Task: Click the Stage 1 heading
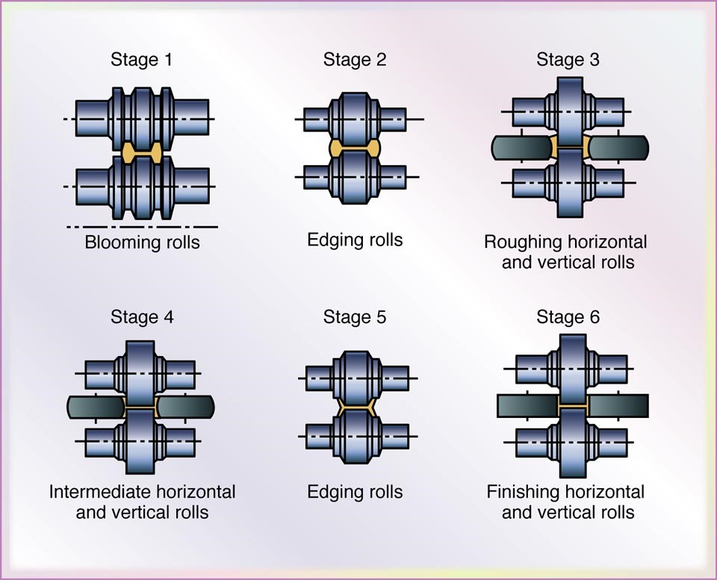tap(142, 60)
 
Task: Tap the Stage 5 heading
tap(355, 317)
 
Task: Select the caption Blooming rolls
tap(142, 243)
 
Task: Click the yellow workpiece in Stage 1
tap(142, 154)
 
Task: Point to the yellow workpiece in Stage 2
tap(355, 148)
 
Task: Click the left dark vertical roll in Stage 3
tap(521, 147)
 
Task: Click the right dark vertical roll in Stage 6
tap(618, 406)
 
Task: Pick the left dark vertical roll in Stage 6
tap(527, 406)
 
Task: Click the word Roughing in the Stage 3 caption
tap(517, 243)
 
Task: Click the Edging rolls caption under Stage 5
tap(355, 492)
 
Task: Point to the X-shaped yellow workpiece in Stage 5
tap(355, 407)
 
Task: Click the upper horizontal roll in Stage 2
tap(355, 118)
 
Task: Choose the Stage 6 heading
tap(568, 317)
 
